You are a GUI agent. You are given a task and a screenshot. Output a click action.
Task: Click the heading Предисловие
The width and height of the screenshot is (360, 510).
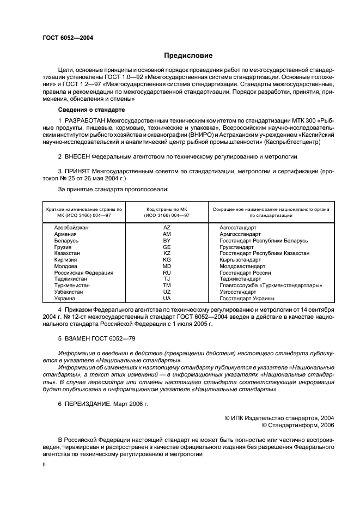click(x=188, y=56)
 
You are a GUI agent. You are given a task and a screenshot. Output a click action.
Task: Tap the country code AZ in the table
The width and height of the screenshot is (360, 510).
click(x=167, y=227)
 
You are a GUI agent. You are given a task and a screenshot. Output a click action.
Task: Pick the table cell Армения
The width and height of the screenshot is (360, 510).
click(x=65, y=234)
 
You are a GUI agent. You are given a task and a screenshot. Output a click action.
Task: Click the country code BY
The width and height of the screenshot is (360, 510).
click(x=167, y=240)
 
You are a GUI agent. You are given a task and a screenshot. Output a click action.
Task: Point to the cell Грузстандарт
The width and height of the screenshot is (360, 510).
click(x=236, y=247)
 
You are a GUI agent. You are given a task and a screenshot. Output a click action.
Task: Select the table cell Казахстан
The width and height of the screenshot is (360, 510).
click(x=67, y=253)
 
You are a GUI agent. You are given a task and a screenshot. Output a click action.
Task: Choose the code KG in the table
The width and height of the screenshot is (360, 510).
click(x=167, y=260)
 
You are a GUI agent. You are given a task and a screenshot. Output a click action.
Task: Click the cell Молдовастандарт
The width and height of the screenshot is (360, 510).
click(x=242, y=266)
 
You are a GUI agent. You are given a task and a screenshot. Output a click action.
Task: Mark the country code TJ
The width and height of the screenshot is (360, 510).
click(x=167, y=279)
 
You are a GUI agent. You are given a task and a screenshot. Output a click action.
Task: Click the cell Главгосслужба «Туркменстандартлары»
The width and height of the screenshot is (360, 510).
click(x=270, y=286)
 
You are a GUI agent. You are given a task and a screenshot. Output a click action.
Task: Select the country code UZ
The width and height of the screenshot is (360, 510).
click(x=167, y=292)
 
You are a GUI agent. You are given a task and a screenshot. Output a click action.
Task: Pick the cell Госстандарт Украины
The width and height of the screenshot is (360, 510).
click(x=247, y=299)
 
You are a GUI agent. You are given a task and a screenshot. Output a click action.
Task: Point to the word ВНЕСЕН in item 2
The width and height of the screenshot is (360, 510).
click(x=80, y=156)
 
